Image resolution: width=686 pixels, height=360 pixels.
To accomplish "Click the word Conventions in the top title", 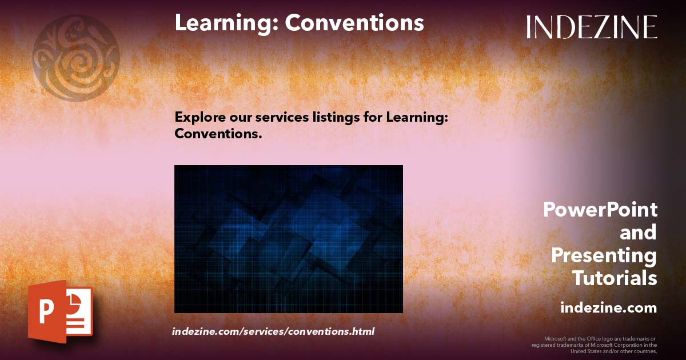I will [354, 23].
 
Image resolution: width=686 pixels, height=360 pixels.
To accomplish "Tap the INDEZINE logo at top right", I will [592, 27].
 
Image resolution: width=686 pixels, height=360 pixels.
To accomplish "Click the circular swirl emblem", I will [76, 58].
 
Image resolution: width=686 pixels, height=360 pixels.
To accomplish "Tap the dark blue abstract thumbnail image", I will [288, 239].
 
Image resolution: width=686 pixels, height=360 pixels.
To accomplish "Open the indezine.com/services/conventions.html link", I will [273, 331].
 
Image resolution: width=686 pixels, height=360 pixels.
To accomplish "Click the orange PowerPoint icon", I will [60, 312].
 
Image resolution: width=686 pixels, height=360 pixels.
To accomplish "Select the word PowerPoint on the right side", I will [600, 210].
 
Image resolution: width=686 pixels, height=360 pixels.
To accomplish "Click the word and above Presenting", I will [638, 233].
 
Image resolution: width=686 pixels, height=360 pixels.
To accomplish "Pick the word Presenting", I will [604, 255].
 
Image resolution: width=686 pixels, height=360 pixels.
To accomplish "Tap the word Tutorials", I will [615, 278].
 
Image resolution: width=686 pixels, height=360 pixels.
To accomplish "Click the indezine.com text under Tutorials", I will [608, 308].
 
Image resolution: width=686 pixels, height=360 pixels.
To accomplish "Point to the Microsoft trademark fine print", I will [595, 345].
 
